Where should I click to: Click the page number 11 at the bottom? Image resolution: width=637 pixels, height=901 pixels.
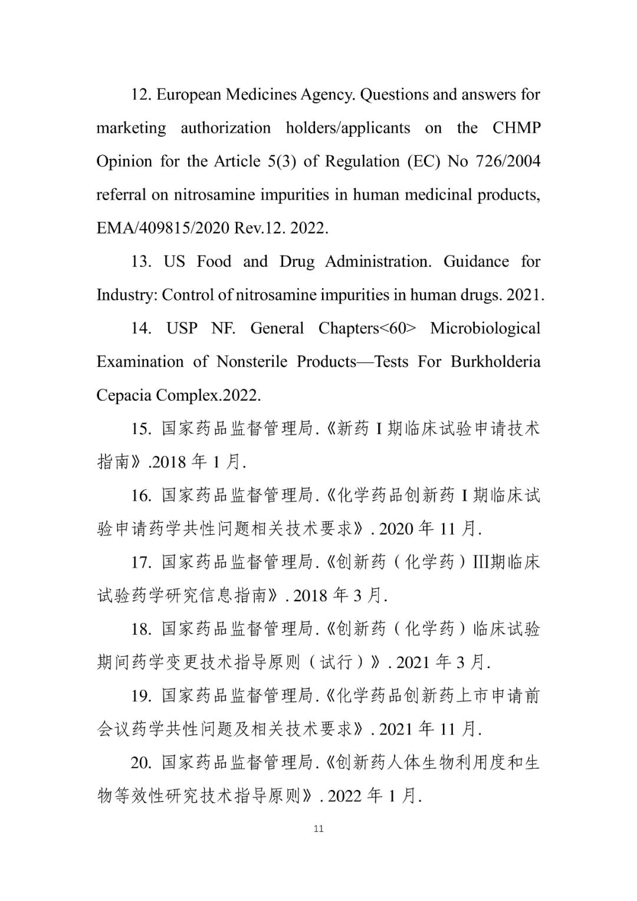(318, 828)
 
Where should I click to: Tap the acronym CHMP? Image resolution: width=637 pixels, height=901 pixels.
(516, 128)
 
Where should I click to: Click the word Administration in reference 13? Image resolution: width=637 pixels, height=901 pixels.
(378, 261)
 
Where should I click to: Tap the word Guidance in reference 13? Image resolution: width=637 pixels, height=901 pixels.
(475, 261)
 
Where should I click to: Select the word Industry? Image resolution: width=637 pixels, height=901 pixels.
(127, 295)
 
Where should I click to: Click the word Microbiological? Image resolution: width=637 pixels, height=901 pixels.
(485, 328)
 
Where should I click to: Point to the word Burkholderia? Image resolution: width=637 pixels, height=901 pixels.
(495, 362)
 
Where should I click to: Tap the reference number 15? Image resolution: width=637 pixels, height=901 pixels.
(142, 429)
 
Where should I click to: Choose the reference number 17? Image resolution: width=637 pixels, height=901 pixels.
(142, 562)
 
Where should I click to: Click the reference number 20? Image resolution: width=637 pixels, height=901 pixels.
(142, 763)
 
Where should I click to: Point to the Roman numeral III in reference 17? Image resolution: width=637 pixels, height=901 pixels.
(481, 562)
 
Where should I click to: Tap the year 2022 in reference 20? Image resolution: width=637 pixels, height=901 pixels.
(344, 797)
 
